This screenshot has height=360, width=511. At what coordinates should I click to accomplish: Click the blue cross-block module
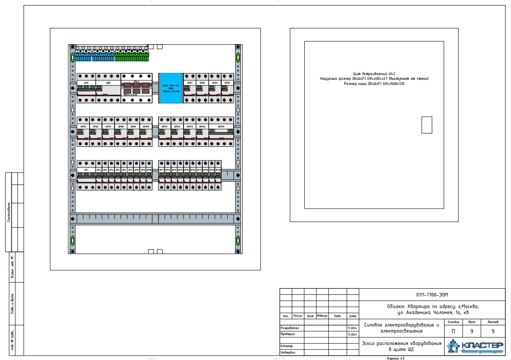point(171,88)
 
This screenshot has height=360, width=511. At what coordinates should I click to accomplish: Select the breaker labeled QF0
point(86,88)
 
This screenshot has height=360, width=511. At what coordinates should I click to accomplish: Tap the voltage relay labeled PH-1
point(136,88)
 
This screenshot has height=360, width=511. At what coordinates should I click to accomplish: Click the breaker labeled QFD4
point(227,88)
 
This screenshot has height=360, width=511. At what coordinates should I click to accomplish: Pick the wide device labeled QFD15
point(221,132)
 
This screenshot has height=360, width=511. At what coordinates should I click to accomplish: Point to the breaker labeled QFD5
point(83,132)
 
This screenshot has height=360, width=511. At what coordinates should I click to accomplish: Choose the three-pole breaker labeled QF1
point(86,175)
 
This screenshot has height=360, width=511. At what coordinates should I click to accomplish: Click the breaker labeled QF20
point(218,175)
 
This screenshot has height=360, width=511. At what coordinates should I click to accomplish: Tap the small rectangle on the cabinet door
point(427,125)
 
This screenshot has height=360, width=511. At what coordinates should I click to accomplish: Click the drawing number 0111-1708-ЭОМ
point(432,295)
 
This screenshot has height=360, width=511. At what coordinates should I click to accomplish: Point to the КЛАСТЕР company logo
point(475,346)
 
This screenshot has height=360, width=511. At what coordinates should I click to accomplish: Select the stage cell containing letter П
point(453,331)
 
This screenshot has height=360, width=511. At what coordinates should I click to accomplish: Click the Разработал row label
point(290,328)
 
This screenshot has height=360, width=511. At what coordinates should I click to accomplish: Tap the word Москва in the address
point(469,306)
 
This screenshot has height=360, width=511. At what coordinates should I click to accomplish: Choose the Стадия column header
point(453,322)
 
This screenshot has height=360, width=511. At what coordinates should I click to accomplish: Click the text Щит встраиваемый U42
point(374,74)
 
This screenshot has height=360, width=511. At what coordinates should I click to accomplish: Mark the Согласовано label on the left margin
point(9,212)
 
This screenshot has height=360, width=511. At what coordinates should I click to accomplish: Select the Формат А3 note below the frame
point(395,358)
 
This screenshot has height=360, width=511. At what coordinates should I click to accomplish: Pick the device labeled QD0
point(108,88)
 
